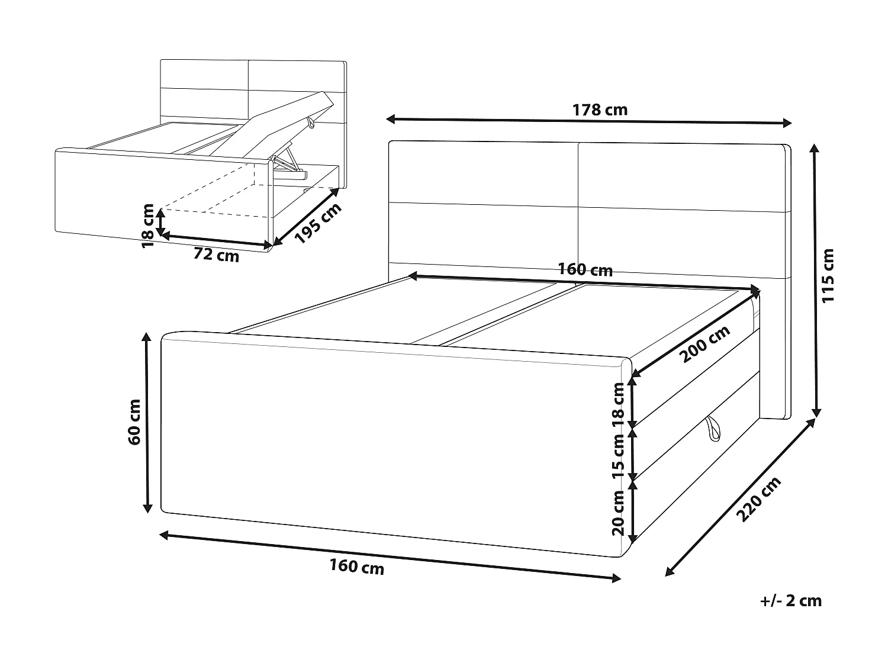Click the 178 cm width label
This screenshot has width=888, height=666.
(x=600, y=110)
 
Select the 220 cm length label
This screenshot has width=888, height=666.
(x=760, y=500)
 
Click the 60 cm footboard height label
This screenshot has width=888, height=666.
(x=134, y=422)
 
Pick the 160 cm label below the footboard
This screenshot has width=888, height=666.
(x=356, y=567)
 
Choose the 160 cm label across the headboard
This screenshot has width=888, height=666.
(x=585, y=270)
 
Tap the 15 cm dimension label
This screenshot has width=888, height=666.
(x=618, y=455)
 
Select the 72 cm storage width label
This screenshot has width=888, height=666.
(x=217, y=255)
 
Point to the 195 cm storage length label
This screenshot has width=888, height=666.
(x=318, y=224)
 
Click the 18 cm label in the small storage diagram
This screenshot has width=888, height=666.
(x=148, y=225)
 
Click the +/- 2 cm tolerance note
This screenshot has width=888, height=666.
(x=791, y=601)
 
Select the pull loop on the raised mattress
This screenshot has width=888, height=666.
(x=310, y=123)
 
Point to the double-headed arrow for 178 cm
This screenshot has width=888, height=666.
(x=588, y=121)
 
